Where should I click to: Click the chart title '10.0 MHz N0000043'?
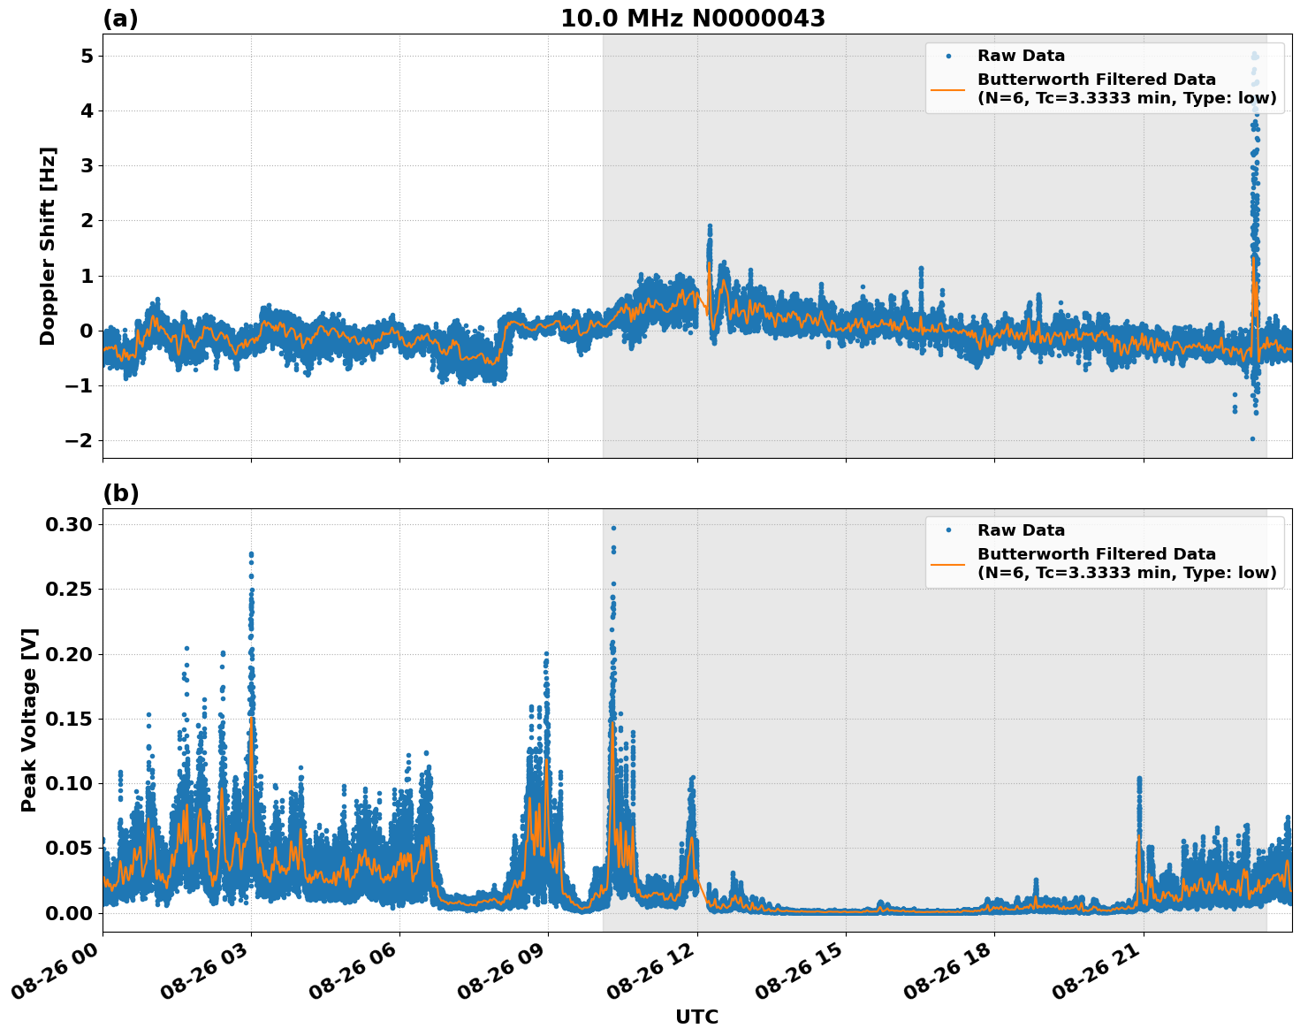(692, 19)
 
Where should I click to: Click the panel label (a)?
(120, 19)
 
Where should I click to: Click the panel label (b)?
(120, 493)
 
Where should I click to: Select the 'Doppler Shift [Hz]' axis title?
(48, 246)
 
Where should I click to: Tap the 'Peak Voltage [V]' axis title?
(29, 720)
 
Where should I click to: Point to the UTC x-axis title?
(696, 1017)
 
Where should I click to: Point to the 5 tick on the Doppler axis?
(87, 56)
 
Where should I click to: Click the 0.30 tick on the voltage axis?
(69, 524)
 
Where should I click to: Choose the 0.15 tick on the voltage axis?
(69, 719)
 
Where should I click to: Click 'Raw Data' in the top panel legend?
(1021, 56)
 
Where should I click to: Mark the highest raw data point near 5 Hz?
(1253, 56)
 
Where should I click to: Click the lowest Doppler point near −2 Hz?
(1252, 438)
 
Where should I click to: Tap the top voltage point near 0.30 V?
(613, 528)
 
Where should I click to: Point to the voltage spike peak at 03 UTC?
(251, 554)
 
